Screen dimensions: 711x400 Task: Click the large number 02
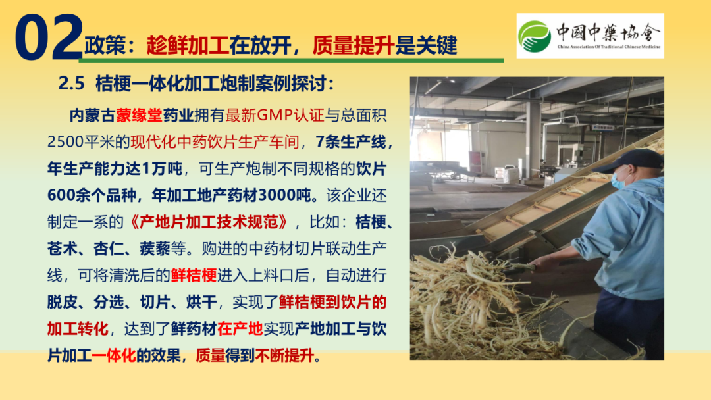49,37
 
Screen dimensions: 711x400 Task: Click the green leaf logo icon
535,36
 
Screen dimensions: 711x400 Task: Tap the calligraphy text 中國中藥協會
608,32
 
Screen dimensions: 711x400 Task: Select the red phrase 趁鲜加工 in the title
188,45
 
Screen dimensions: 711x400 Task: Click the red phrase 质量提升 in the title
354,45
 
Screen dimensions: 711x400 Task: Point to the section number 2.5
72,84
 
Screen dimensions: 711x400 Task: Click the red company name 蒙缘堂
139,116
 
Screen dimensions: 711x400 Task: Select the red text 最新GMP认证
275,116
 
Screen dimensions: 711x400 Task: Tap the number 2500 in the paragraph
65,142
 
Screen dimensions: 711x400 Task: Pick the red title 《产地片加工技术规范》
209,222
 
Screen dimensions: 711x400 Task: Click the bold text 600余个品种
92,195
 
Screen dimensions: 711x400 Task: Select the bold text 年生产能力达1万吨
115,169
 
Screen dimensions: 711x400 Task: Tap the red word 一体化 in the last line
114,356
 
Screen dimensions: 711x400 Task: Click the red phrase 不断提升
285,356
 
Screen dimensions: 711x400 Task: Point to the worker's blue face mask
618,179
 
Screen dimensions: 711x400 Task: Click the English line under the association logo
608,47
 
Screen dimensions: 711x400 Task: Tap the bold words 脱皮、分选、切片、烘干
132,302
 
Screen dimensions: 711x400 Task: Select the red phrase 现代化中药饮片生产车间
215,142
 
